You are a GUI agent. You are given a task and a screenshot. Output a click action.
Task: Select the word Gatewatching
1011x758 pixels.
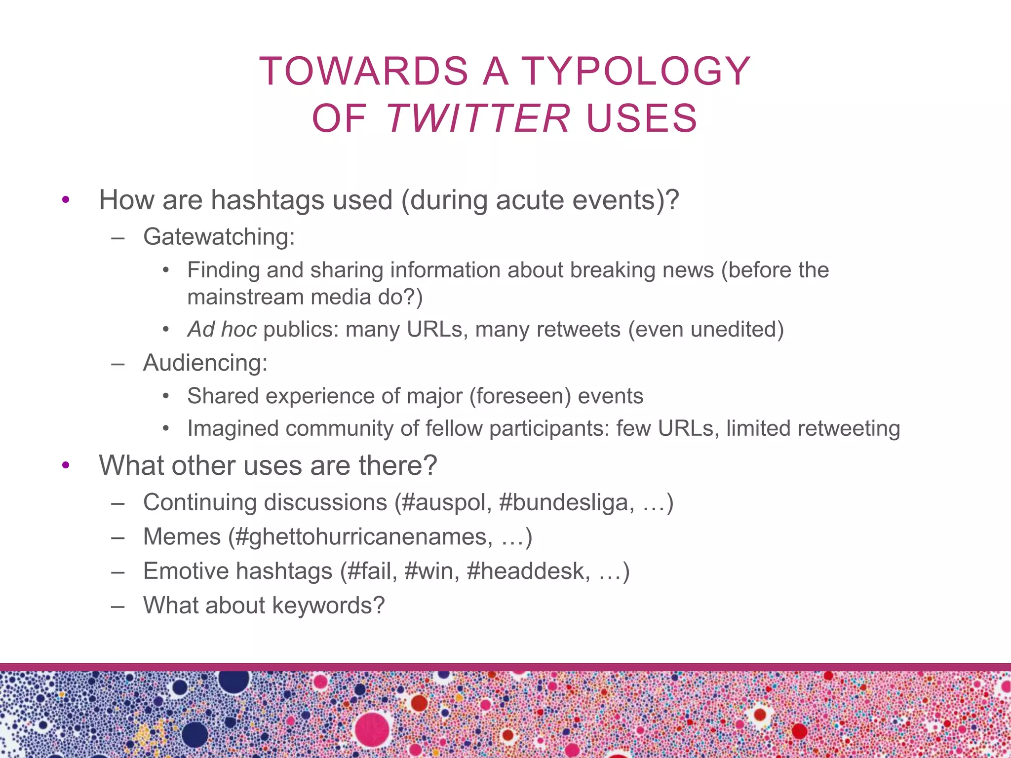pos(218,237)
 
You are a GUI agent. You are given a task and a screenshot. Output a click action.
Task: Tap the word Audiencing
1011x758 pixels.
pos(204,363)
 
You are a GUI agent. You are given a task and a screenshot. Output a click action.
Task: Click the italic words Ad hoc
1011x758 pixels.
pos(222,330)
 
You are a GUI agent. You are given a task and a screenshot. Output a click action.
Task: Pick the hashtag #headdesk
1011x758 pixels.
pos(528,571)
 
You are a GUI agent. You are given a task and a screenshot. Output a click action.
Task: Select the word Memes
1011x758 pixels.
pos(182,537)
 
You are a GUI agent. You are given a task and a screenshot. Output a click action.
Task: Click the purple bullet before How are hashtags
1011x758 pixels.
pos(66,200)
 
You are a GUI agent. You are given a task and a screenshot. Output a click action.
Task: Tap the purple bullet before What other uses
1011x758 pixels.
pos(66,465)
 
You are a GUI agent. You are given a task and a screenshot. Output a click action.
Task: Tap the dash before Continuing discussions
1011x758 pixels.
pos(117,503)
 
